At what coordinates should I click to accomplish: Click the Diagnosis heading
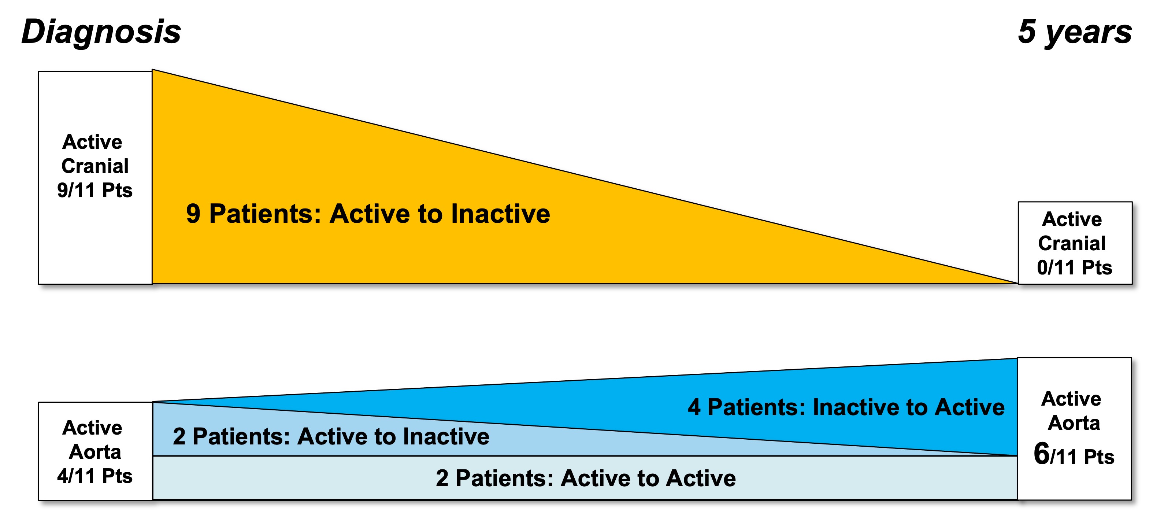[101, 32]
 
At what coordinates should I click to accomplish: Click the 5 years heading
[1075, 32]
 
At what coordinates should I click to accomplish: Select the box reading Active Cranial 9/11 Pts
[95, 178]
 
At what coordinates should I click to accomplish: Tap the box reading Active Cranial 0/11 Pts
[1075, 243]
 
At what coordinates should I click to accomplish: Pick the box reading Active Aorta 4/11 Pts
[95, 451]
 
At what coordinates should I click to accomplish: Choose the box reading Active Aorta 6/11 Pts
[1074, 428]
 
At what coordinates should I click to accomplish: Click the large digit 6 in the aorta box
[1042, 454]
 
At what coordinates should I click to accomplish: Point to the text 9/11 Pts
[95, 190]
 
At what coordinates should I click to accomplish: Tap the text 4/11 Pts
[95, 476]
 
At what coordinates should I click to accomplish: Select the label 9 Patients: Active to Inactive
[368, 214]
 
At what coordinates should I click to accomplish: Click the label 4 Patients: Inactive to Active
[846, 407]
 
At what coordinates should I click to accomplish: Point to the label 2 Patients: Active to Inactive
[331, 436]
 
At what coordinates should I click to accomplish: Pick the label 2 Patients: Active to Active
[585, 478]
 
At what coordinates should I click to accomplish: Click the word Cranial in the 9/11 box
[95, 166]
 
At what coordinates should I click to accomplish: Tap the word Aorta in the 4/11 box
[95, 452]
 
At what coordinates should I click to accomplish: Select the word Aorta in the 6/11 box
[1074, 423]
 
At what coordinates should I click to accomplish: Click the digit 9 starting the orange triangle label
[193, 214]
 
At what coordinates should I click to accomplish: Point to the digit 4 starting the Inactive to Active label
[694, 407]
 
